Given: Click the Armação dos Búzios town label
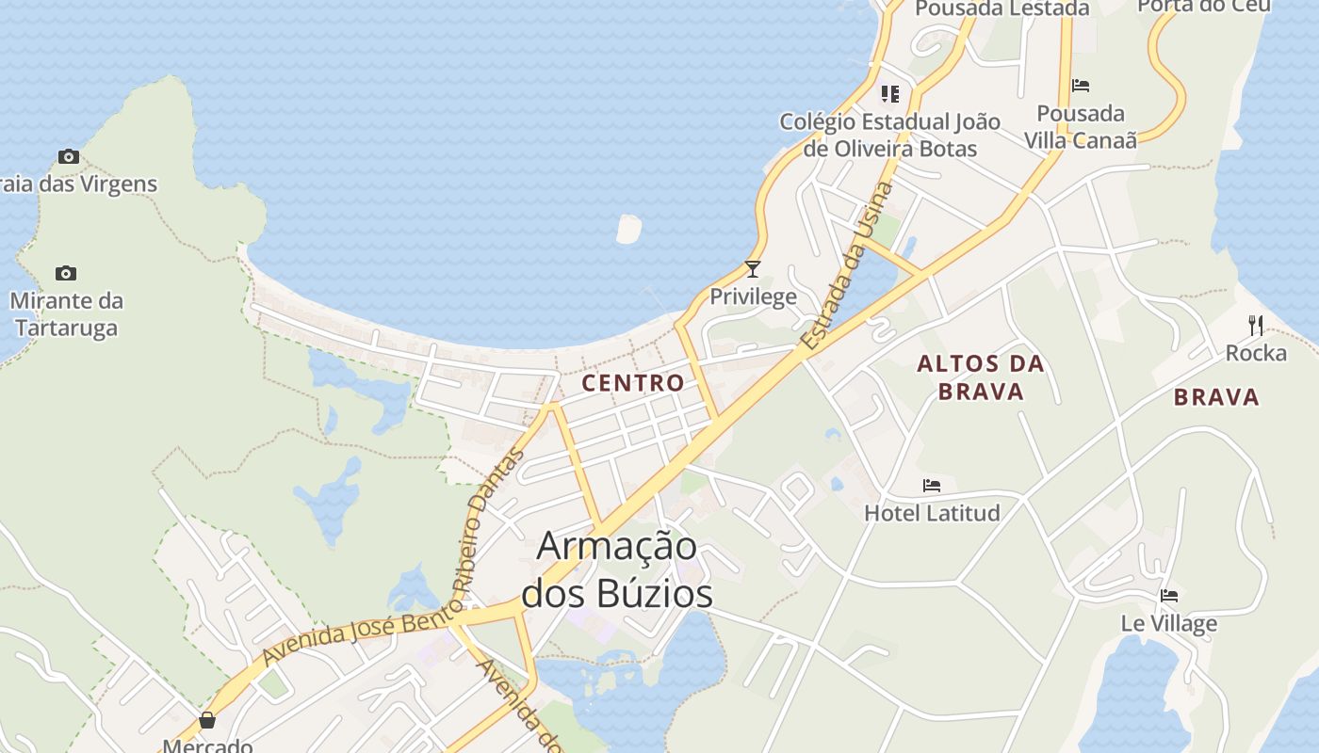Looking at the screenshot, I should click(x=617, y=569).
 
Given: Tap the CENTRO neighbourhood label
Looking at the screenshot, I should click(x=633, y=383).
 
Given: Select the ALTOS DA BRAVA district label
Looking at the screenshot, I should click(x=981, y=377).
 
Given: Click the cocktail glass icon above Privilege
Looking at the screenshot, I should click(x=753, y=269).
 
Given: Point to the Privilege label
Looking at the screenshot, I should click(x=753, y=297).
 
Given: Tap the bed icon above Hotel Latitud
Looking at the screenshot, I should click(x=932, y=486).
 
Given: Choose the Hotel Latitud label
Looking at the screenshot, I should click(x=932, y=513).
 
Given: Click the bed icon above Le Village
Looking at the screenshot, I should click(x=1169, y=595).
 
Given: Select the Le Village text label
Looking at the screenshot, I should click(x=1168, y=623).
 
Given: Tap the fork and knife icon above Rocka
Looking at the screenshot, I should click(x=1255, y=326).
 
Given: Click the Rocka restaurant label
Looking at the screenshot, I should click(x=1256, y=353).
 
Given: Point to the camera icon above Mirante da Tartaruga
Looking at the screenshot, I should click(x=65, y=273).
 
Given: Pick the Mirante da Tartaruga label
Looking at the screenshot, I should click(x=66, y=314).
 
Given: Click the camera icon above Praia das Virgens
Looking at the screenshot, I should click(x=68, y=156).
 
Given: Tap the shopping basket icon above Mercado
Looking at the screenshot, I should click(x=207, y=720).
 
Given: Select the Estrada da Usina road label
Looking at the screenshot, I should click(x=846, y=268).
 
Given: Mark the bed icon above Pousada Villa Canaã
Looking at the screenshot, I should click(x=1081, y=86).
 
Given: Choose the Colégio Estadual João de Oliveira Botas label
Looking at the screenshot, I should click(x=890, y=135).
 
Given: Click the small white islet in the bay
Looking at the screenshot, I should click(x=628, y=229).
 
